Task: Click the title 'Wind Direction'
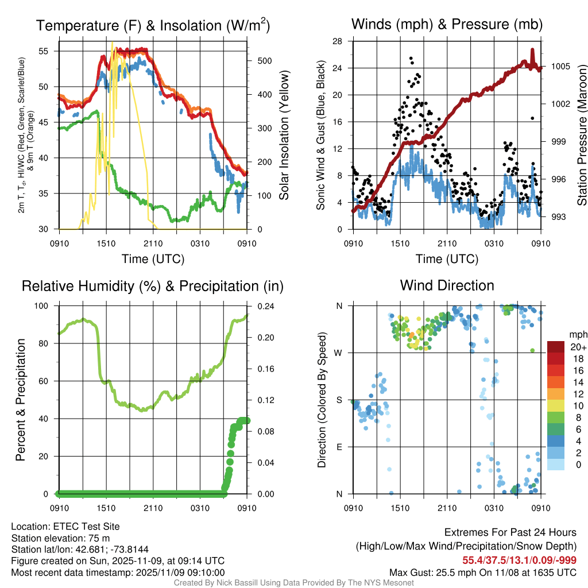tap(447, 285)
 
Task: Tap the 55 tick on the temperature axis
tap(49, 51)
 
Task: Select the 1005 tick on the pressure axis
tap(560, 67)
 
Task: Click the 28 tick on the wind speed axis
tap(338, 41)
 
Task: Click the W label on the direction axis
tap(339, 353)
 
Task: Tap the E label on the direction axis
tap(339, 447)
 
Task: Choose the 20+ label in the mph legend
tap(577, 347)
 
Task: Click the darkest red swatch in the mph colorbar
tap(555, 347)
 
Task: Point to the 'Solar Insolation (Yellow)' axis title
tap(284, 135)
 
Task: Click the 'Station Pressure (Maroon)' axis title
tap(582, 135)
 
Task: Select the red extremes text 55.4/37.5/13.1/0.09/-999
tap(519, 560)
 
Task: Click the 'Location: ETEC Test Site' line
tap(65, 527)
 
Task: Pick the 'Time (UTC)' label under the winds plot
tap(447, 259)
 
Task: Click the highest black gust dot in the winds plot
tap(411, 58)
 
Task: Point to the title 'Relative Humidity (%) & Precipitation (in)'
tap(153, 285)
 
